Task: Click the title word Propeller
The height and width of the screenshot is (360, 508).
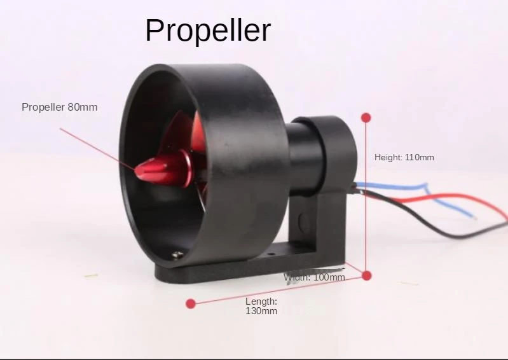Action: (x=208, y=30)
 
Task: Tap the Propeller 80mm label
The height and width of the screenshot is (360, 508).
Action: (x=60, y=107)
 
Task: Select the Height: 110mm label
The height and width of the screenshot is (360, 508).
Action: (x=404, y=157)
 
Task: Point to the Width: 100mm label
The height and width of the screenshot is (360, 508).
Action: (x=315, y=277)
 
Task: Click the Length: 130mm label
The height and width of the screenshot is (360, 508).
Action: (x=261, y=306)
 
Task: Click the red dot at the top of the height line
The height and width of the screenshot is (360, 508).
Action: (x=366, y=118)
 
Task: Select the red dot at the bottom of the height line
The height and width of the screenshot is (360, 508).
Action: (x=367, y=275)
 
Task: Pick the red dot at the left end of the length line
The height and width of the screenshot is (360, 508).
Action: (x=190, y=304)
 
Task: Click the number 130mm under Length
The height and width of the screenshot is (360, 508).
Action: (x=261, y=311)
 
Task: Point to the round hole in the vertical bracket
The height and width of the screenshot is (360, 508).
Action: (x=303, y=222)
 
